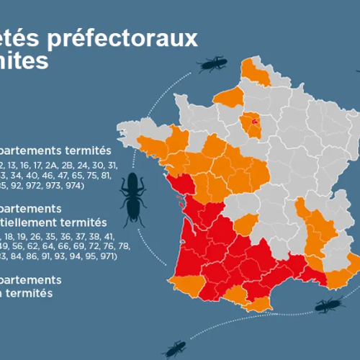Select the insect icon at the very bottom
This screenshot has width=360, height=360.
click(x=174, y=351)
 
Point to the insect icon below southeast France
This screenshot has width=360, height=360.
click(x=328, y=306)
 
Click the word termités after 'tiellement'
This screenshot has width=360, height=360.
click(x=79, y=222)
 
